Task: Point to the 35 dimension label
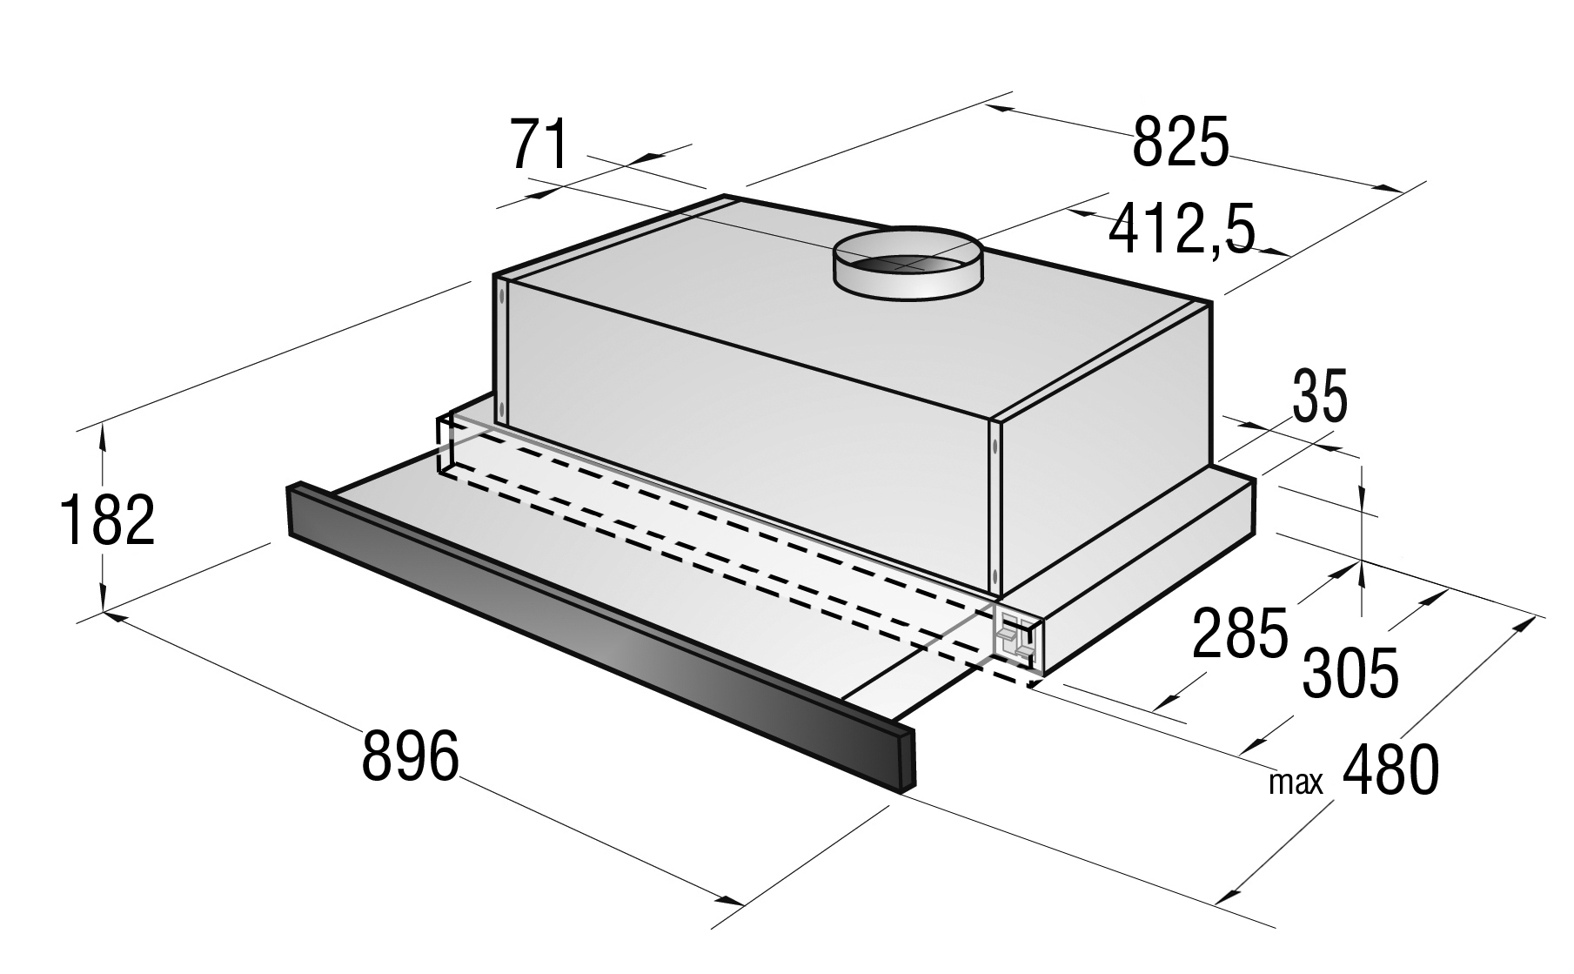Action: point(1319,396)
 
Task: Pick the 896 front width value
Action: point(410,755)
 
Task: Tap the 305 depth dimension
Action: point(1350,673)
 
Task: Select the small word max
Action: point(1296,783)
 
